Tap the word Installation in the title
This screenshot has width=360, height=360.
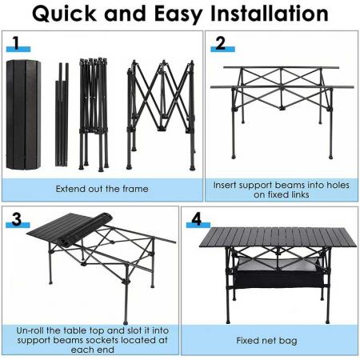pyautogui.click(x=261, y=14)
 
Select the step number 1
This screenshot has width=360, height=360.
pyautogui.click(x=14, y=42)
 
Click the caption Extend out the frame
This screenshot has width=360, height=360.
pyautogui.click(x=102, y=190)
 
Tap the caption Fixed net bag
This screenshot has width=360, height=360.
pyautogui.click(x=266, y=340)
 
